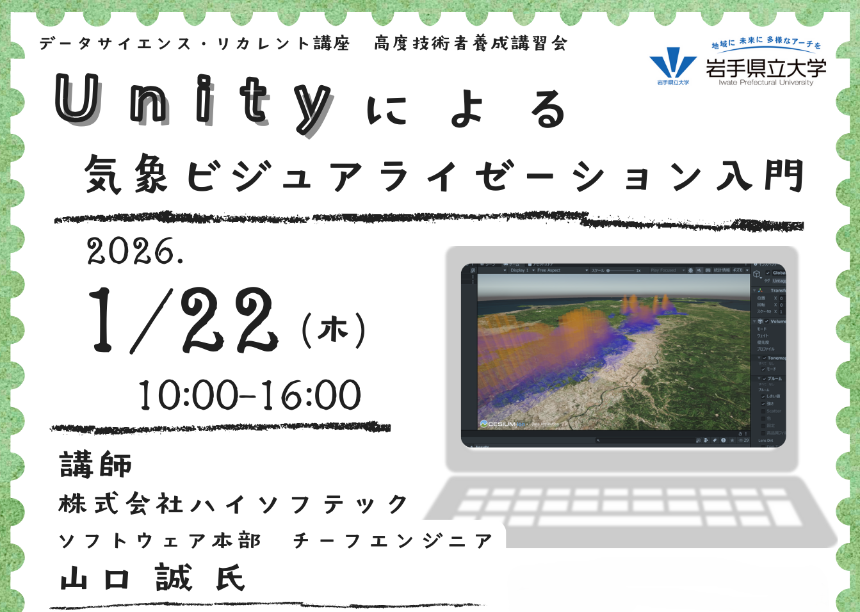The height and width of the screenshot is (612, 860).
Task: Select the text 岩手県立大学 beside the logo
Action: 766,68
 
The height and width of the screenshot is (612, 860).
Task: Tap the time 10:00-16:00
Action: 250,395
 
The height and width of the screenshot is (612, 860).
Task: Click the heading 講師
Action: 96,464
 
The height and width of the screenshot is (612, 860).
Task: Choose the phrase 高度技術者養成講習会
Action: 471,44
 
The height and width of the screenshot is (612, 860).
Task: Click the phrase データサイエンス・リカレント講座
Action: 195,44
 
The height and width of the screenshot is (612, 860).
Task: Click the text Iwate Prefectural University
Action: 766,83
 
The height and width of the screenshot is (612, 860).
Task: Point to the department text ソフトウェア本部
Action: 160,541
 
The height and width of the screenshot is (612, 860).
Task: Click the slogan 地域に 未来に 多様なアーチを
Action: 766,43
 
